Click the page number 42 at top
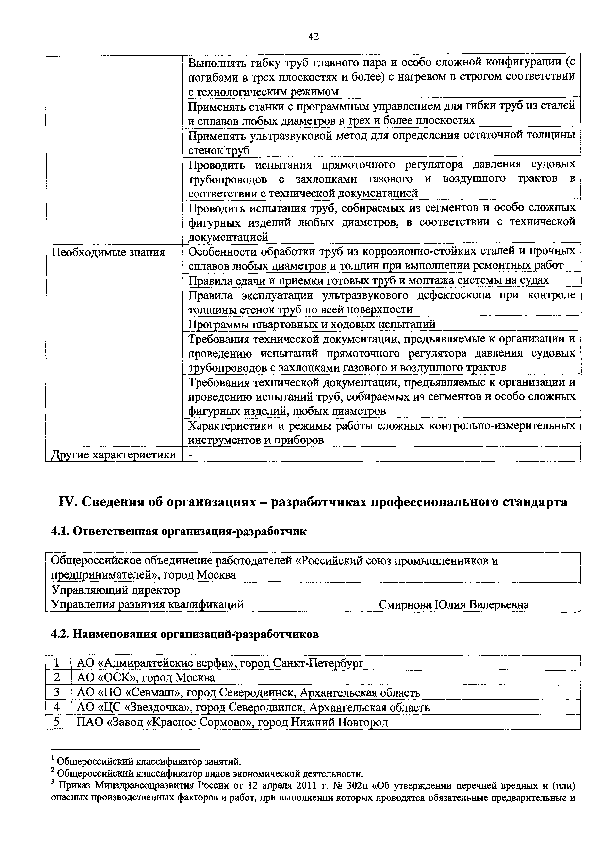coord(313,36)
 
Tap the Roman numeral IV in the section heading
coord(66,502)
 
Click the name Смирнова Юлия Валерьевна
coord(454,605)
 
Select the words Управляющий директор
coord(116,590)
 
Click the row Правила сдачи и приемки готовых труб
coord(368,280)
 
